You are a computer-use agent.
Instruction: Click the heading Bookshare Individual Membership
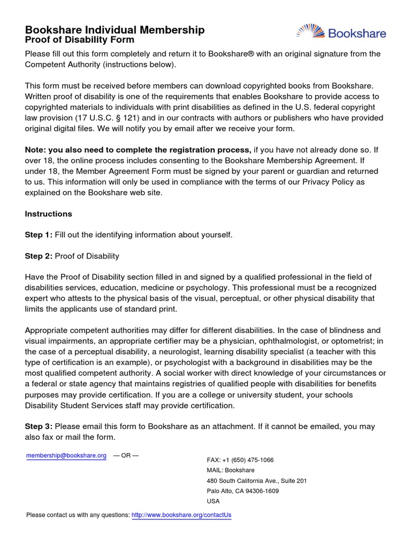click(115, 30)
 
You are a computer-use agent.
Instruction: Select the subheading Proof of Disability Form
click(80, 40)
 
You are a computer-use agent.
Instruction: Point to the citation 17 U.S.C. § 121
click(113, 119)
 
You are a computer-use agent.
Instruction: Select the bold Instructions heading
click(48, 214)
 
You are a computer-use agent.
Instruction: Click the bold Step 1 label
click(38, 235)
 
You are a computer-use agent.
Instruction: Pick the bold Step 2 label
click(38, 256)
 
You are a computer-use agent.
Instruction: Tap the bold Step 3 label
click(38, 426)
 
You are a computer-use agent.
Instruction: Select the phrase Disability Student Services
click(80, 405)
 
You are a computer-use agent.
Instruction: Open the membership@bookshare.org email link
click(66, 456)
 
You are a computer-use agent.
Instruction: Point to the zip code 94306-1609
click(261, 491)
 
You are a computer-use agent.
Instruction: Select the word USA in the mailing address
click(213, 501)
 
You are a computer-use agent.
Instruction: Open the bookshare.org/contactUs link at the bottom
click(181, 515)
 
